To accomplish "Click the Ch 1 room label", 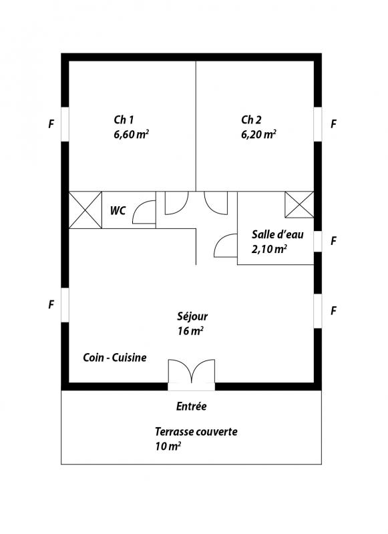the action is click(x=124, y=120).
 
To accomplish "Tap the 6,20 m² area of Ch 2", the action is click(x=258, y=134).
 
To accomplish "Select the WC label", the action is click(x=118, y=211).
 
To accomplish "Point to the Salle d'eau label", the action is click(x=278, y=234).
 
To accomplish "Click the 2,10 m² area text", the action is click(x=268, y=249).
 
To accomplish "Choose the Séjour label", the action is click(x=192, y=316).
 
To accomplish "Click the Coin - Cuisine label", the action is click(x=115, y=358).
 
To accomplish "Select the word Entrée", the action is click(x=192, y=407).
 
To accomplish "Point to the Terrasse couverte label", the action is click(x=196, y=432).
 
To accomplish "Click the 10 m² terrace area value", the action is click(x=168, y=446).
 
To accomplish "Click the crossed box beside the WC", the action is click(x=85, y=210).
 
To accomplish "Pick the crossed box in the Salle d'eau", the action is click(x=299, y=204).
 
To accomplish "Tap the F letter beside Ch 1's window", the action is click(x=51, y=124).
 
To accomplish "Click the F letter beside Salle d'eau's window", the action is click(x=334, y=241).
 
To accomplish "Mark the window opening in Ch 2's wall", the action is click(x=317, y=124).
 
